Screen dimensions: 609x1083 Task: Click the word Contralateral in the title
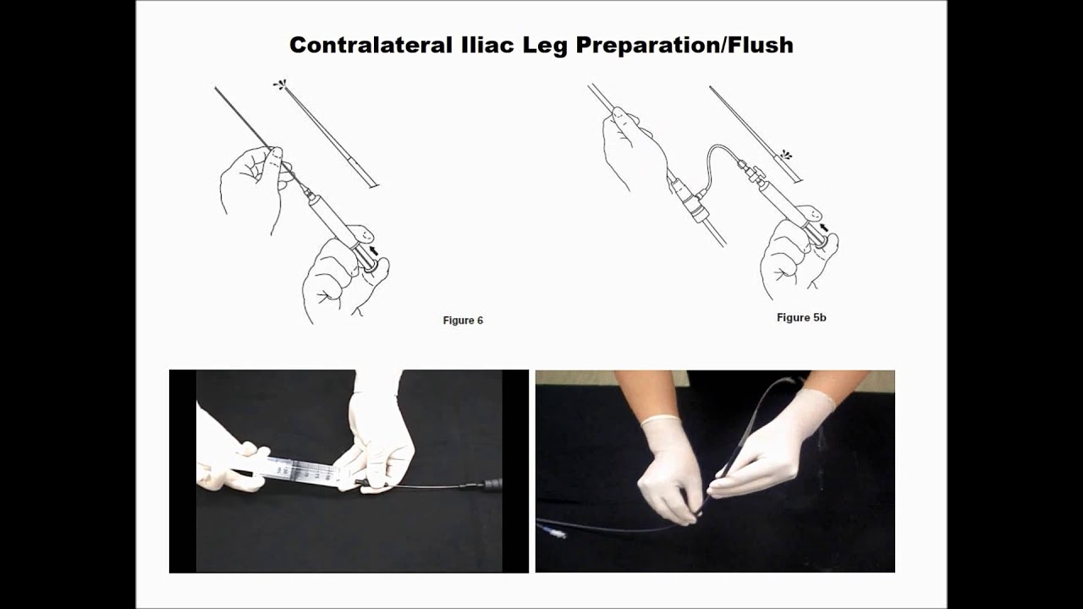tap(368, 45)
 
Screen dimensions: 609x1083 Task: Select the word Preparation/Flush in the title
tap(684, 45)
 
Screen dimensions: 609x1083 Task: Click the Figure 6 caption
tap(463, 321)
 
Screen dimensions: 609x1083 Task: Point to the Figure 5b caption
tap(801, 317)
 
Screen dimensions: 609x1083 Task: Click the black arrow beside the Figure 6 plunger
tap(373, 250)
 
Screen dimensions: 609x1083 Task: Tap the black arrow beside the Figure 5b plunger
tap(824, 228)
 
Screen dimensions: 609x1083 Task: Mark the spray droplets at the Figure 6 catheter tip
tap(280, 85)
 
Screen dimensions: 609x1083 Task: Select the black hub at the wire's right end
tap(491, 486)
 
